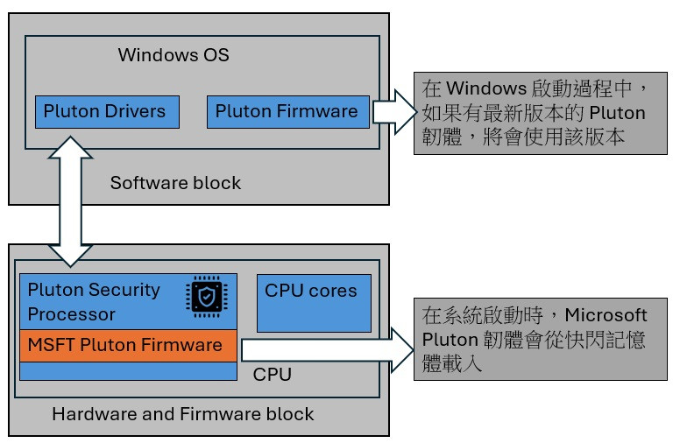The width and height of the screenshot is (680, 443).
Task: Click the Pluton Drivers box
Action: point(104,111)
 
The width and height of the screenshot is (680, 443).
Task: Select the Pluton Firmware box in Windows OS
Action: point(287,111)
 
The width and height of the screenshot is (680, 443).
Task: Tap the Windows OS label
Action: point(174,55)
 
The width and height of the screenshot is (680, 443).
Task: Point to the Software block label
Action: point(175,183)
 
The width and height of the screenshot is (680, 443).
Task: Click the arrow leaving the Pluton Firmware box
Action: point(393,112)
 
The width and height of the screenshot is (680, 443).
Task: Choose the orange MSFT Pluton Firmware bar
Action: point(128,345)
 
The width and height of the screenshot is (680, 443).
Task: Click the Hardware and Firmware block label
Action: point(182,413)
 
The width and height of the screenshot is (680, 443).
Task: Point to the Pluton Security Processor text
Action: point(95,301)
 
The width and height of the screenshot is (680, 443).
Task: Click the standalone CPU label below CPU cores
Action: point(272,375)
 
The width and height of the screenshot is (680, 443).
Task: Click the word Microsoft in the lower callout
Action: point(606,315)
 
